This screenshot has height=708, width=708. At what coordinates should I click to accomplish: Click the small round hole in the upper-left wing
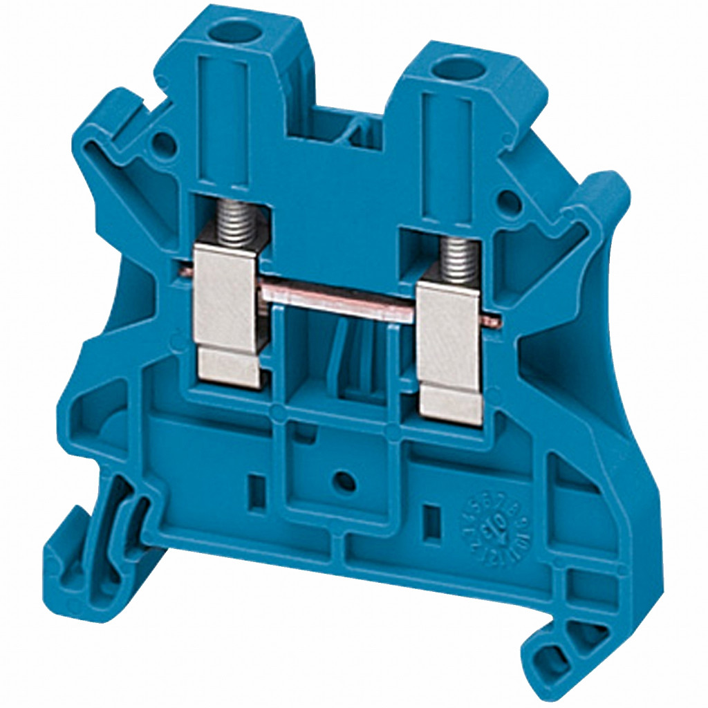164,143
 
